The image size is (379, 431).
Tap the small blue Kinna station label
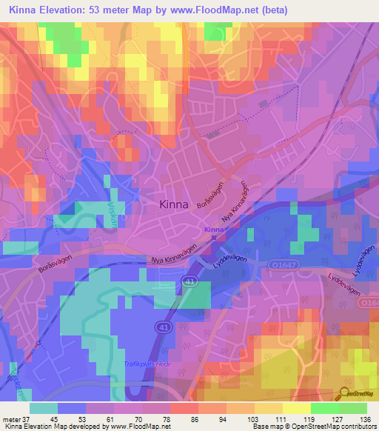[x=213, y=230]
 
